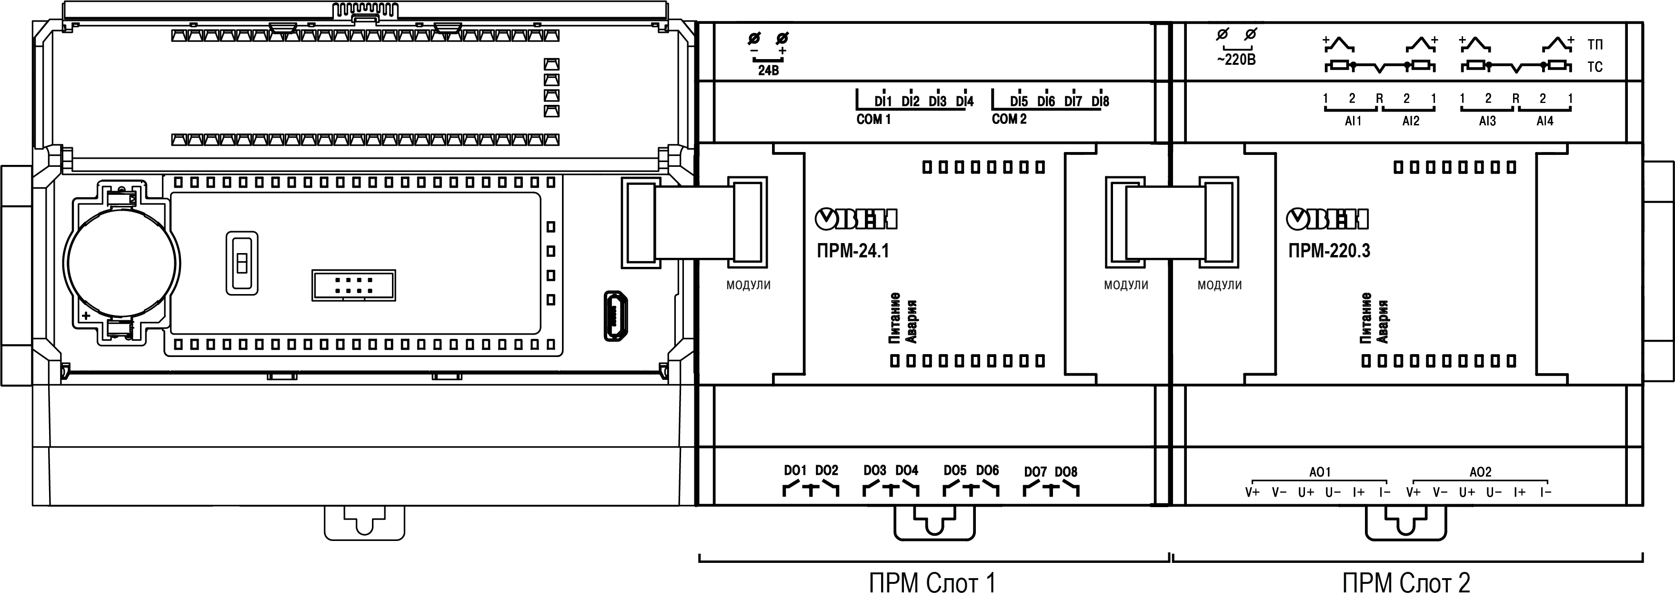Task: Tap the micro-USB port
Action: tap(614, 316)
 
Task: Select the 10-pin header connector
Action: tap(353, 285)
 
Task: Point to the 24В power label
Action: tap(768, 70)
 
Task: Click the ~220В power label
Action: tap(1235, 61)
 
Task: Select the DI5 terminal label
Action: tap(1019, 102)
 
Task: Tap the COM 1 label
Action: tap(873, 120)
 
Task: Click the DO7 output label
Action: tap(1035, 471)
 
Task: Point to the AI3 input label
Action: tap(1487, 121)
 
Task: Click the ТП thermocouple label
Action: tap(1595, 45)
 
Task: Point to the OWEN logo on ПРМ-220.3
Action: tap(1328, 220)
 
